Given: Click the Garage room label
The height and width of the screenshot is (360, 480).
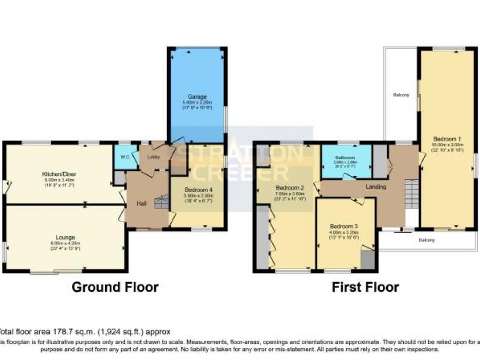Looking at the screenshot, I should tap(196, 97).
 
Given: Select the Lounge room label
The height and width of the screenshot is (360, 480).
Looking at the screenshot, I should tap(66, 237).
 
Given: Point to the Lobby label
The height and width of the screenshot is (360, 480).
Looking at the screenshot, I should tap(154, 157).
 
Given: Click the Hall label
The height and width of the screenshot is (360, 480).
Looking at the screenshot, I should tap(141, 203).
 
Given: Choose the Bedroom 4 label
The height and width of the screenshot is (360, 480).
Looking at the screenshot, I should tap(198, 190).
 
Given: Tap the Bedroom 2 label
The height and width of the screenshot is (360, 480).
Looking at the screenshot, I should tap(290, 188).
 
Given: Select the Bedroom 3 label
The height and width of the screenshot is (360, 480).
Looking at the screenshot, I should tap(344, 226).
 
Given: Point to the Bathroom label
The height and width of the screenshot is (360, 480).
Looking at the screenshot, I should tap(345, 158).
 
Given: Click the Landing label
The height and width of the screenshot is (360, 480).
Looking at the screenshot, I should tap(376, 187).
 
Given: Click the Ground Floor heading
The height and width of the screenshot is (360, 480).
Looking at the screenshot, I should tap(115, 287).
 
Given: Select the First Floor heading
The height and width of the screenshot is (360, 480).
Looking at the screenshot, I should tap(365, 287).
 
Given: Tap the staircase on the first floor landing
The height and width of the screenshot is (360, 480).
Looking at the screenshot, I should tap(412, 193).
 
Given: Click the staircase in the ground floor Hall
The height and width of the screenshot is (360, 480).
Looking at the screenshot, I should tap(159, 203).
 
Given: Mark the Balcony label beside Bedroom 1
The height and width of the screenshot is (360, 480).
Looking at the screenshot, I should tap(401, 95).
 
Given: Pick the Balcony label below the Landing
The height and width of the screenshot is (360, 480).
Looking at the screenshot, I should tap(427, 240).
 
